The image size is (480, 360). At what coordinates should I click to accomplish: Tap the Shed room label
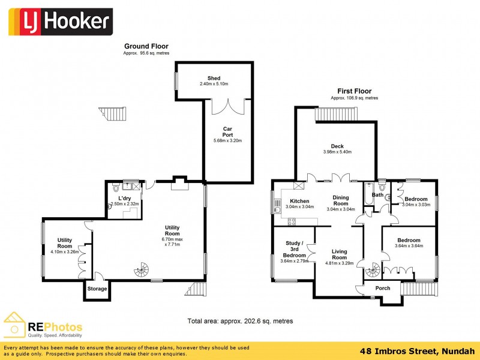click(214, 78)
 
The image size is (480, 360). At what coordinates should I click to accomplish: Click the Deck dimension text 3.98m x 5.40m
click(337, 152)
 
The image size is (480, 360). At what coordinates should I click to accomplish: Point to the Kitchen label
click(299, 201)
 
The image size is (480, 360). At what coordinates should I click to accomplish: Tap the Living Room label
click(340, 254)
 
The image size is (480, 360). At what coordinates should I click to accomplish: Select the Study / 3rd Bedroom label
click(294, 249)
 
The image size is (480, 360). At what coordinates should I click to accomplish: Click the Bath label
click(377, 195)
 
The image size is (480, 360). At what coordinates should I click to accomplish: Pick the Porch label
click(382, 288)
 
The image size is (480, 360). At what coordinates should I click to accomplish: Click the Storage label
click(97, 289)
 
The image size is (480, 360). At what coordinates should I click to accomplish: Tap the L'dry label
click(125, 198)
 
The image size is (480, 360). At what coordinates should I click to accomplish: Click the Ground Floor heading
click(146, 46)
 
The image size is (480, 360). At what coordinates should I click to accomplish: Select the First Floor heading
click(354, 91)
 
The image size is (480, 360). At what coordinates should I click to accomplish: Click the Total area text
click(240, 321)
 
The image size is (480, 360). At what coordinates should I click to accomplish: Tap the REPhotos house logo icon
click(14, 325)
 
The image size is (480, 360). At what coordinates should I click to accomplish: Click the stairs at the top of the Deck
click(337, 113)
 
